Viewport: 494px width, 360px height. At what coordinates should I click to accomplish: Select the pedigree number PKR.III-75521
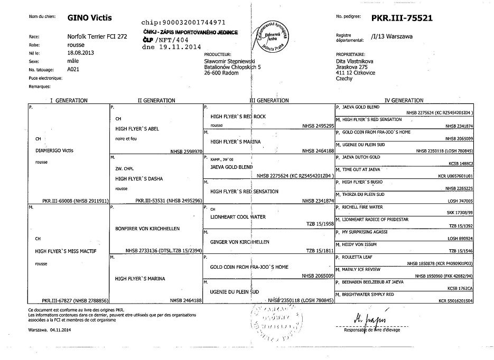coord(402,17)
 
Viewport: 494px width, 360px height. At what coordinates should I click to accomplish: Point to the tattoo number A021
coord(73,69)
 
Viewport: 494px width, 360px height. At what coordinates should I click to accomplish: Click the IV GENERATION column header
coord(405,100)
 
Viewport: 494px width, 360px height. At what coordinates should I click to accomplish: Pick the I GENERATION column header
coord(69,100)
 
